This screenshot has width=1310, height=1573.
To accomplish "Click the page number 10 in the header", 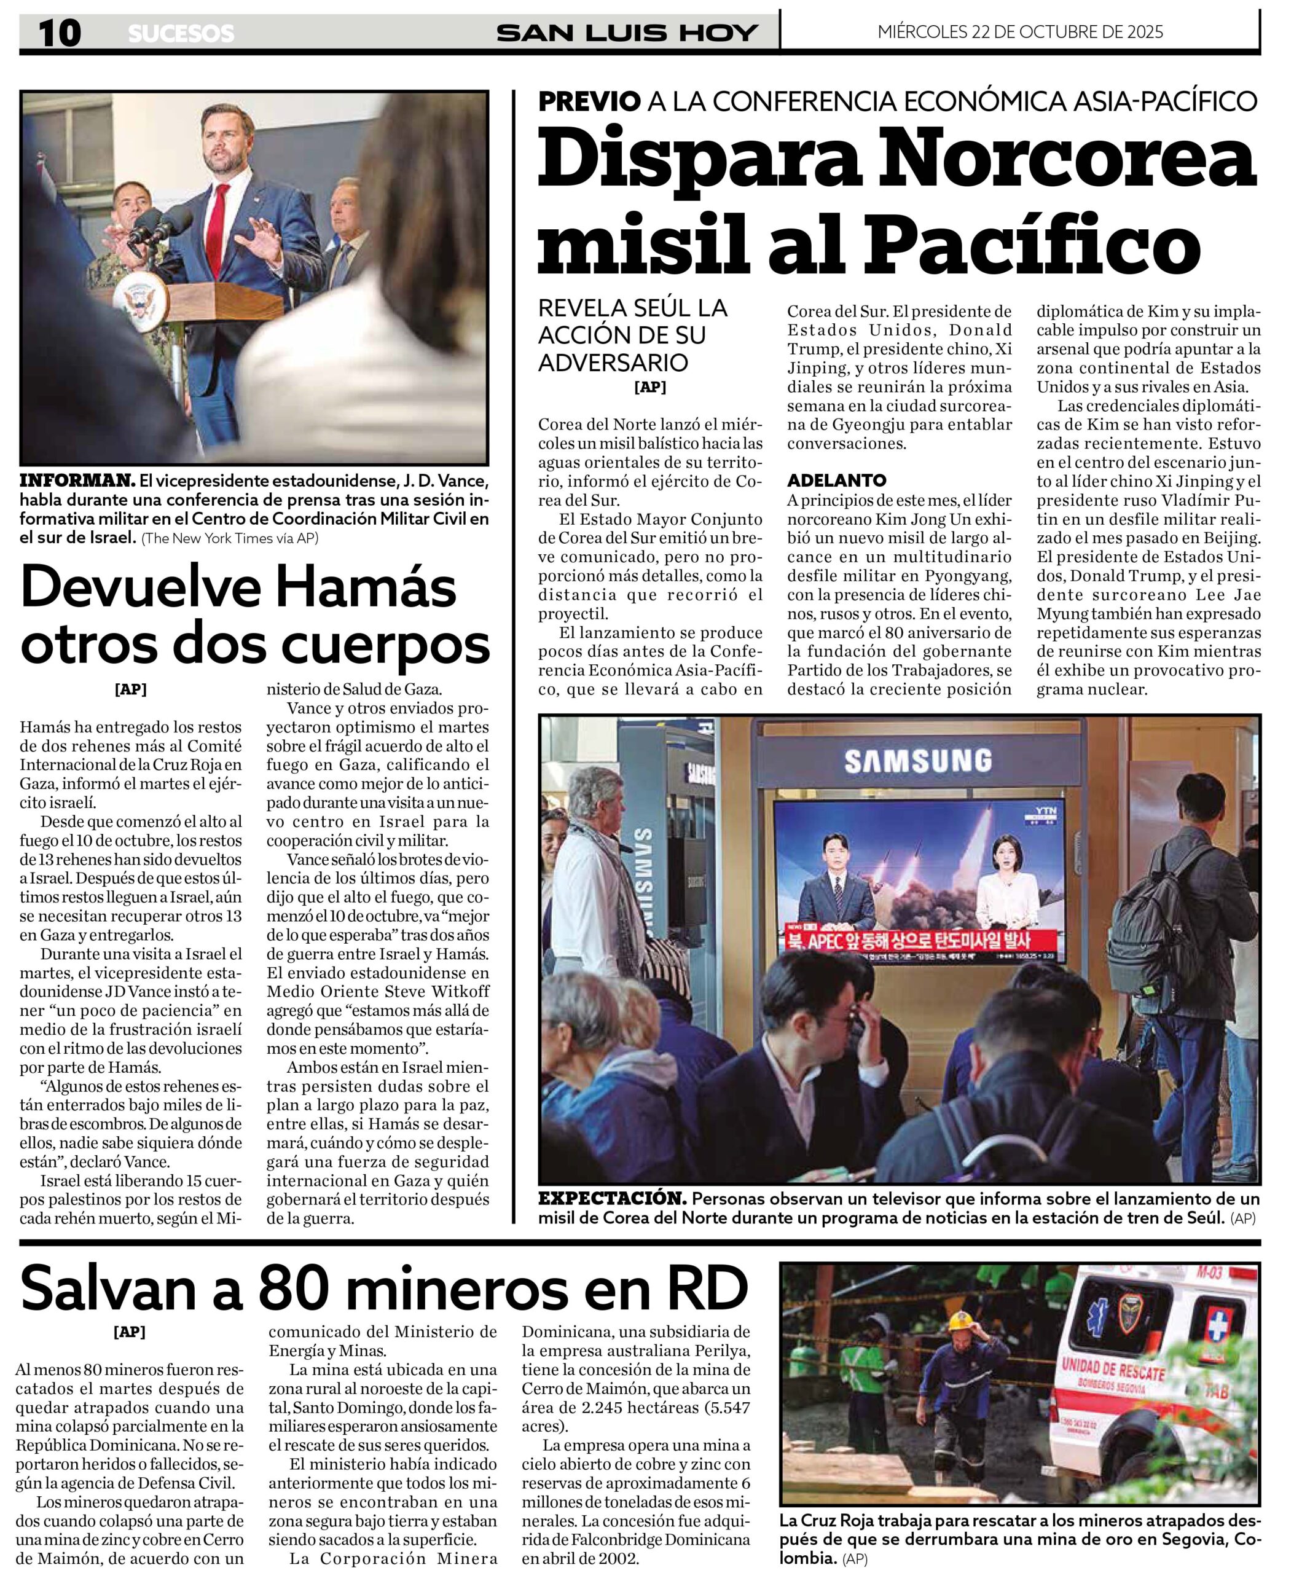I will click(x=59, y=33).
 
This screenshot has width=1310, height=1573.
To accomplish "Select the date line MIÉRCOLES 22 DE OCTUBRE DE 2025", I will click(x=1020, y=31).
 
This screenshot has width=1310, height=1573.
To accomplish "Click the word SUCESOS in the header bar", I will click(x=181, y=34).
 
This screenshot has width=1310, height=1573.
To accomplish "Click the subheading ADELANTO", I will click(x=837, y=480).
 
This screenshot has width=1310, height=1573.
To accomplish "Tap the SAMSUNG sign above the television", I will click(x=917, y=761).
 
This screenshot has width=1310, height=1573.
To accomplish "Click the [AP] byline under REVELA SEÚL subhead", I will click(x=649, y=387).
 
